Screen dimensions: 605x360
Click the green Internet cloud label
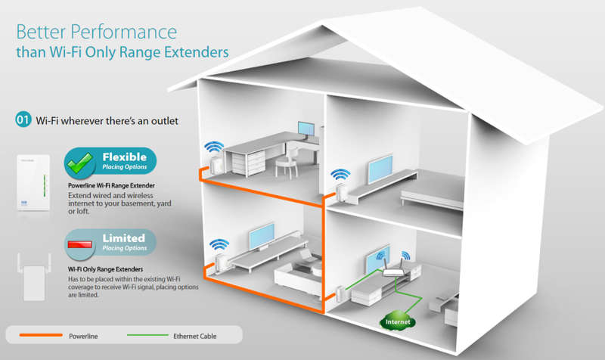point(398,321)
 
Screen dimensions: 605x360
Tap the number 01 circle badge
point(23,119)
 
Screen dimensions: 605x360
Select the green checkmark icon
point(80,163)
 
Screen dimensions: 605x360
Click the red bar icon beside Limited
point(80,244)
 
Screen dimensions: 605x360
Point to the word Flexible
point(124,157)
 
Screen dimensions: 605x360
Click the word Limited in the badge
point(124,238)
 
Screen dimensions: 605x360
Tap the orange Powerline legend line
point(41,335)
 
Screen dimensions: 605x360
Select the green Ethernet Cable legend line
point(147,335)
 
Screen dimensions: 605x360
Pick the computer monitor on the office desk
point(306,129)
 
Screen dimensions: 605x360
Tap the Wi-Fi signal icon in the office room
point(214,147)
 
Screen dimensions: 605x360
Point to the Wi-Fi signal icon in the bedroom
point(340,175)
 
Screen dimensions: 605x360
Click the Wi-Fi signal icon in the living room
point(219,244)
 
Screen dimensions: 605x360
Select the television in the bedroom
point(380,169)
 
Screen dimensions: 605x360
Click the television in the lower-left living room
point(262,236)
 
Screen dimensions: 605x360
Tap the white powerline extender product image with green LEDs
point(33,182)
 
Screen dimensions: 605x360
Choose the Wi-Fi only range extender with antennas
point(34,277)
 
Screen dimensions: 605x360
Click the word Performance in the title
point(124,32)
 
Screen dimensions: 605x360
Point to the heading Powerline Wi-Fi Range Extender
point(111,185)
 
